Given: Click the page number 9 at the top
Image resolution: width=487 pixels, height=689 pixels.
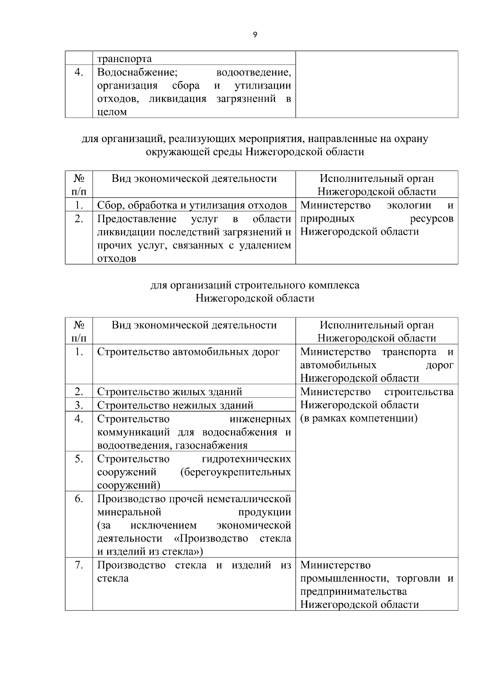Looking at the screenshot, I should (x=255, y=35).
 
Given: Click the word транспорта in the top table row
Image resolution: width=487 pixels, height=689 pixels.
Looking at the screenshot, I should (x=125, y=59).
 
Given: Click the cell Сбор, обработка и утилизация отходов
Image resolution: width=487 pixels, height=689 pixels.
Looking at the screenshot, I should (x=192, y=205).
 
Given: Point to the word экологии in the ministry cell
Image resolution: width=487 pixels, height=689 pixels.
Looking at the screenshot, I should (x=408, y=205).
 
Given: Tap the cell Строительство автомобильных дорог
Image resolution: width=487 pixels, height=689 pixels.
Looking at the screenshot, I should (x=188, y=352).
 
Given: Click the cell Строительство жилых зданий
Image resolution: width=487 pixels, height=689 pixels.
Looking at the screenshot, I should (x=170, y=392).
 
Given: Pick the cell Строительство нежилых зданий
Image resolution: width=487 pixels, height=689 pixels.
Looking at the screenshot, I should (x=175, y=405).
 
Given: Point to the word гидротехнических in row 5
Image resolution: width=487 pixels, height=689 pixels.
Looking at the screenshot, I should (x=246, y=459).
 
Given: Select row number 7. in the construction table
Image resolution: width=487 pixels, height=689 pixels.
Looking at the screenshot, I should (x=79, y=565).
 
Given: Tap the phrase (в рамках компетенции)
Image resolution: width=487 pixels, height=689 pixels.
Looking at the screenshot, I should (x=359, y=418).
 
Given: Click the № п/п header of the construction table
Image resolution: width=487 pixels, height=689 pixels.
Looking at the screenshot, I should (x=79, y=331).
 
